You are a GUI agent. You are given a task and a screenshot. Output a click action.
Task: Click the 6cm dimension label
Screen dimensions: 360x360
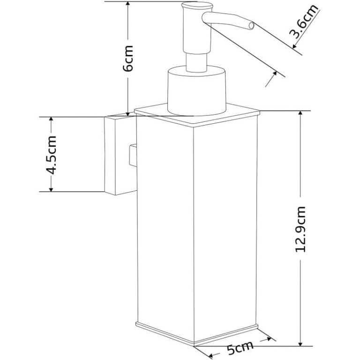tap(128, 58)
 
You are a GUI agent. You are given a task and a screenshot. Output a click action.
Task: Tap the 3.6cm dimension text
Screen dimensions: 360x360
tap(304, 21)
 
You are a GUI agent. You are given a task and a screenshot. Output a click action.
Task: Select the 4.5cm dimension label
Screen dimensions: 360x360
tap(51, 155)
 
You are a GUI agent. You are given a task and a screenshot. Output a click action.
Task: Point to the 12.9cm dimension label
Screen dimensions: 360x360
tap(300, 229)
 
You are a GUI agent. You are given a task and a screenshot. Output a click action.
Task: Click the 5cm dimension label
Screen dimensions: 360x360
tap(240, 348)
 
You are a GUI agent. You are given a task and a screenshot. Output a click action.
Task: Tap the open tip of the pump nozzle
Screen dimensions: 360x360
tap(252, 26)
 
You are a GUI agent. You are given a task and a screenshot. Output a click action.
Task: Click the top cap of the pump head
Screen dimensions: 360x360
tap(197, 6)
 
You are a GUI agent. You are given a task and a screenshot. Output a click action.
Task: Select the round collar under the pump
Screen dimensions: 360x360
tap(197, 90)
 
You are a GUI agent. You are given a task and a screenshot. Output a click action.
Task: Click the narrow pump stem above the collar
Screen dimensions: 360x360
tap(197, 62)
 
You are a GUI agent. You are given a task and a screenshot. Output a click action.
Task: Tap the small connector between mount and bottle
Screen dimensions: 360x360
tap(133, 155)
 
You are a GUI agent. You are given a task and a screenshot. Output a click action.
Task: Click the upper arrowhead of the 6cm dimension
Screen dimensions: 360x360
tap(128, 4)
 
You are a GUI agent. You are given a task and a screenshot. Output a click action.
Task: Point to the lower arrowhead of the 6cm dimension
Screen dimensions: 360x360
tap(128, 114)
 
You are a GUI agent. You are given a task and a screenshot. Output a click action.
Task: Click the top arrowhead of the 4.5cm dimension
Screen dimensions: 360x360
tap(51, 120)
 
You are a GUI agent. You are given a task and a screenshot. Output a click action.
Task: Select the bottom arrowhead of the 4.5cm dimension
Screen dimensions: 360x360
tap(51, 188)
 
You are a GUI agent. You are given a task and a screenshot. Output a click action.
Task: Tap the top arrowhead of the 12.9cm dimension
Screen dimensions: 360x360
tap(300, 113)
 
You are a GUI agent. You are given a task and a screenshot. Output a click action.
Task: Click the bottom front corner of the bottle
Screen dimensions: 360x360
tap(194, 345)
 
